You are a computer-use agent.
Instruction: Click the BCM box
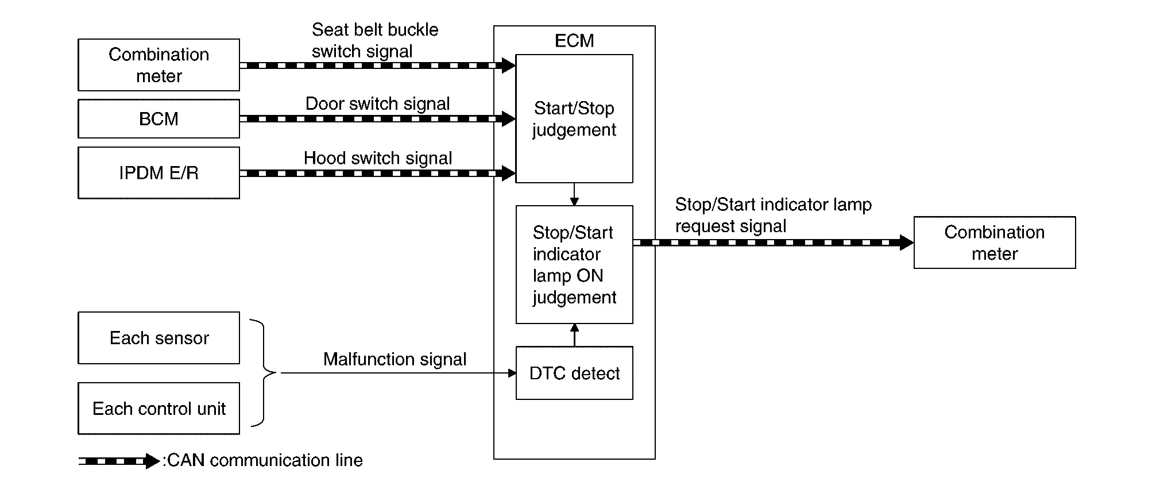coord(158,118)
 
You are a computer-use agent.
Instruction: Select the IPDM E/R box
coord(158,173)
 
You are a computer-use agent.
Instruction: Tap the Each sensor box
coord(158,338)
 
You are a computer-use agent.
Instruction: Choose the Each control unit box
coord(158,409)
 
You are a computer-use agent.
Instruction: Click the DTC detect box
coord(574,373)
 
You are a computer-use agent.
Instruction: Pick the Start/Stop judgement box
coord(574,118)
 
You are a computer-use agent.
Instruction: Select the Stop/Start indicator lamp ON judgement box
coord(574,264)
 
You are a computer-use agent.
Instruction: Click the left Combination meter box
coord(158,65)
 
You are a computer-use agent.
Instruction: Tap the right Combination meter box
coord(995,242)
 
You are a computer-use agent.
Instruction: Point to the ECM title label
coord(574,41)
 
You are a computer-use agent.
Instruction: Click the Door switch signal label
coord(377,103)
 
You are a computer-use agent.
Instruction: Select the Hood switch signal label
coord(378,158)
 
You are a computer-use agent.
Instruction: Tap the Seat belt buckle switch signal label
coord(375,40)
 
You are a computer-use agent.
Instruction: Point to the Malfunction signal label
coord(395,359)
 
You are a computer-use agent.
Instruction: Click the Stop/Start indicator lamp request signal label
coord(774,215)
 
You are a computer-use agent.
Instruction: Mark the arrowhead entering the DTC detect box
coord(513,373)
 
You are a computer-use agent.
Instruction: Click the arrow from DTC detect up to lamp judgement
coord(575,335)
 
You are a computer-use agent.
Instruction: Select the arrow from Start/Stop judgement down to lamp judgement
coord(574,194)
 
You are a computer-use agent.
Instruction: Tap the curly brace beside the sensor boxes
coord(263,373)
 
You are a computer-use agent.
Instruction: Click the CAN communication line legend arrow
coord(119,461)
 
